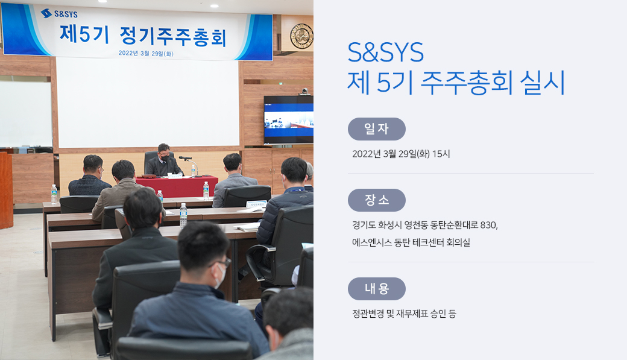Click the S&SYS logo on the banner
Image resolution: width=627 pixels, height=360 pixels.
(x=59, y=14)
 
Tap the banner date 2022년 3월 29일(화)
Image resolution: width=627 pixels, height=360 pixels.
(x=146, y=53)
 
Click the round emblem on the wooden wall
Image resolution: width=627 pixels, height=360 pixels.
(x=301, y=36)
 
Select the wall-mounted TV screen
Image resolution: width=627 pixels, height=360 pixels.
(x=288, y=119)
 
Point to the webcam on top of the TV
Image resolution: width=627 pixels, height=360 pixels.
(x=304, y=92)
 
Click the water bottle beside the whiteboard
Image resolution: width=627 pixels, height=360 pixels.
(x=54, y=194)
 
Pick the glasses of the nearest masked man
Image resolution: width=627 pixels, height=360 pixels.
(x=222, y=263)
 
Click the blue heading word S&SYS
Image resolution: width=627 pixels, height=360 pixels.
(x=385, y=52)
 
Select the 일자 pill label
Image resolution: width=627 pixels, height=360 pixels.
(x=377, y=129)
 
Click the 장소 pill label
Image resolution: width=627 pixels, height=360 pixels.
(x=377, y=200)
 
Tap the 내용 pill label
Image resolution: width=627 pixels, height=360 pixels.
(x=377, y=289)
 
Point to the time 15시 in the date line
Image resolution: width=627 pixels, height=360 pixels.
(x=441, y=154)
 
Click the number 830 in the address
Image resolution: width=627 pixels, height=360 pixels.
(x=489, y=225)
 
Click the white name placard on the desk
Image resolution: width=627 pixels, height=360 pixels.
(x=256, y=204)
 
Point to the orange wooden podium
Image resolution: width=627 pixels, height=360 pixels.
(x=6, y=190)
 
